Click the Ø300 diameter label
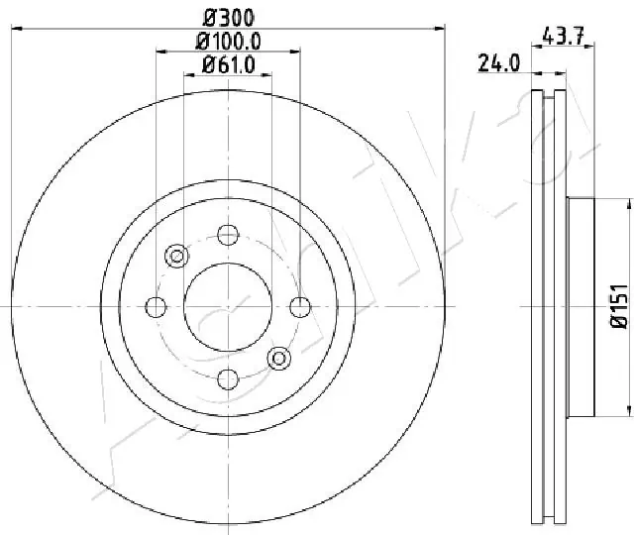point(228,18)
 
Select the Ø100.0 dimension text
point(228,42)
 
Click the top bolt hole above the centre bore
point(228,235)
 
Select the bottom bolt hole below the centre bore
point(228,377)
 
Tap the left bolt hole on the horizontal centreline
point(156,306)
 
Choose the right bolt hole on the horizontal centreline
point(300,306)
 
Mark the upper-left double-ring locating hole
point(177,256)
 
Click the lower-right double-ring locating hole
point(278,357)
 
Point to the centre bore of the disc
point(228,306)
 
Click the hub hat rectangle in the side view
point(581,306)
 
